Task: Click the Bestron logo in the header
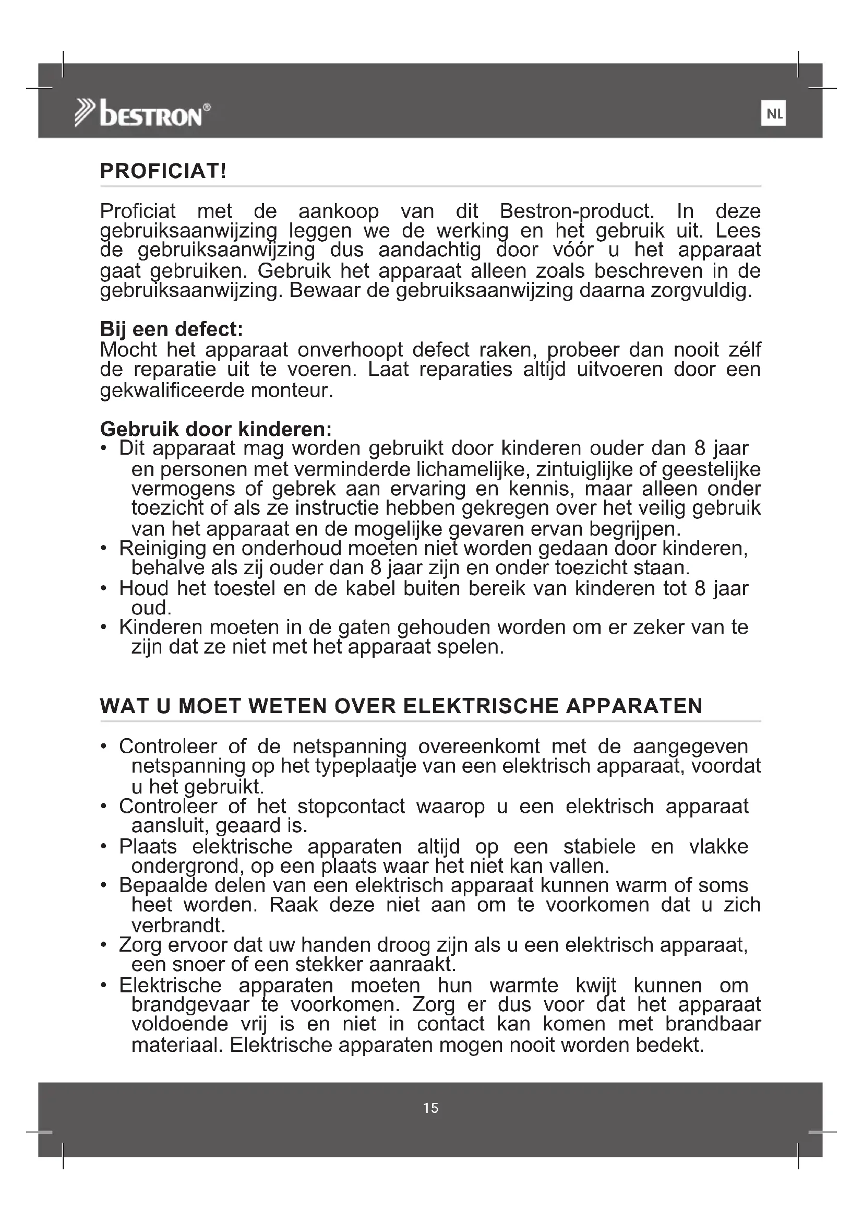pos(142,113)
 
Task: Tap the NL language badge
pos(774,114)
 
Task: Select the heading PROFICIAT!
pos(163,171)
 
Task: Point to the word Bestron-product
pos(577,211)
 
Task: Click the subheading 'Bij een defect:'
pos(171,329)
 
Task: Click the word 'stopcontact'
pos(351,807)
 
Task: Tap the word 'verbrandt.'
pos(178,926)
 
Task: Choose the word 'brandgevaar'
pos(190,1004)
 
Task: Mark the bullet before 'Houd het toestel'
pos(104,589)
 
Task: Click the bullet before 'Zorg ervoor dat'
pos(104,945)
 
